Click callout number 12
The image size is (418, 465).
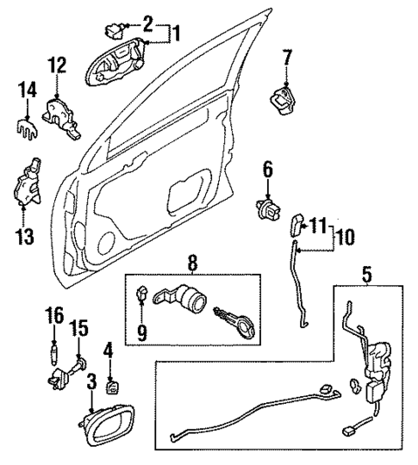[56, 64]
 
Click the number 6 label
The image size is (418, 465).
[267, 170]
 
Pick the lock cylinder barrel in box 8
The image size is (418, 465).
[184, 301]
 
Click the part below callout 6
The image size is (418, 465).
[268, 208]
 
